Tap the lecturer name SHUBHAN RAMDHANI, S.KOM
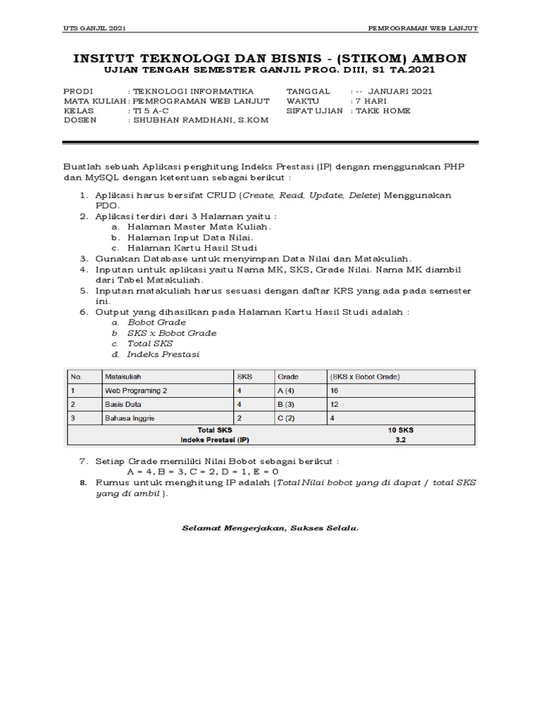point(199,120)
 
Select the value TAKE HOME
point(383,111)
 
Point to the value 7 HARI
point(372,101)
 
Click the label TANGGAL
point(308,92)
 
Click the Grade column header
point(288,377)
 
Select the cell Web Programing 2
point(137,390)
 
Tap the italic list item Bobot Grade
point(156,322)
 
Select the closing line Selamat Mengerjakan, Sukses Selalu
point(270,527)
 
